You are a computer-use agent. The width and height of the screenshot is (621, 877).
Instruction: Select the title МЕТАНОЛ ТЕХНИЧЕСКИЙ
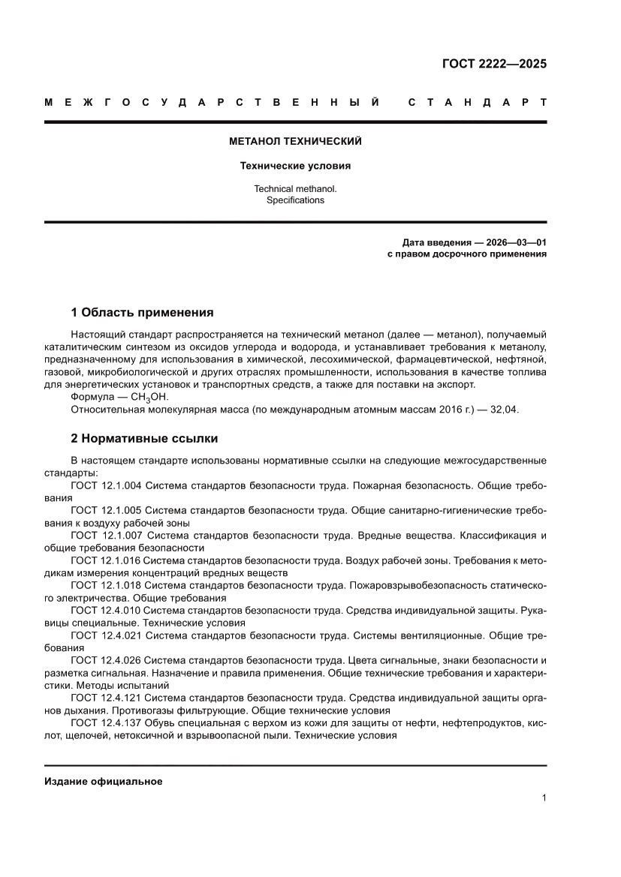295,141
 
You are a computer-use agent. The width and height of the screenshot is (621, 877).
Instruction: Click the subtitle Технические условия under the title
295,166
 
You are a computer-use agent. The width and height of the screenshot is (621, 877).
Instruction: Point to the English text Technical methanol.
295,189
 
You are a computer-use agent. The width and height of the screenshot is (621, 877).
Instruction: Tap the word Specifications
295,200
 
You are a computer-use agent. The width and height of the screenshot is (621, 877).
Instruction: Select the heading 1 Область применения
142,312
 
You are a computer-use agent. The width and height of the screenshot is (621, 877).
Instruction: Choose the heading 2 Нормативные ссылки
144,437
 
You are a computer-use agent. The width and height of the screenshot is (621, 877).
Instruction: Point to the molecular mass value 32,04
505,410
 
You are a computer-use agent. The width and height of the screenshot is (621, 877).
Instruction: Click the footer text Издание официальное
104,781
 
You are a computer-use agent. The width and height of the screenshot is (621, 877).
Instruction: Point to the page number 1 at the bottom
544,798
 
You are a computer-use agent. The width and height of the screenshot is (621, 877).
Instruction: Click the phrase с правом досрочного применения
466,254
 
